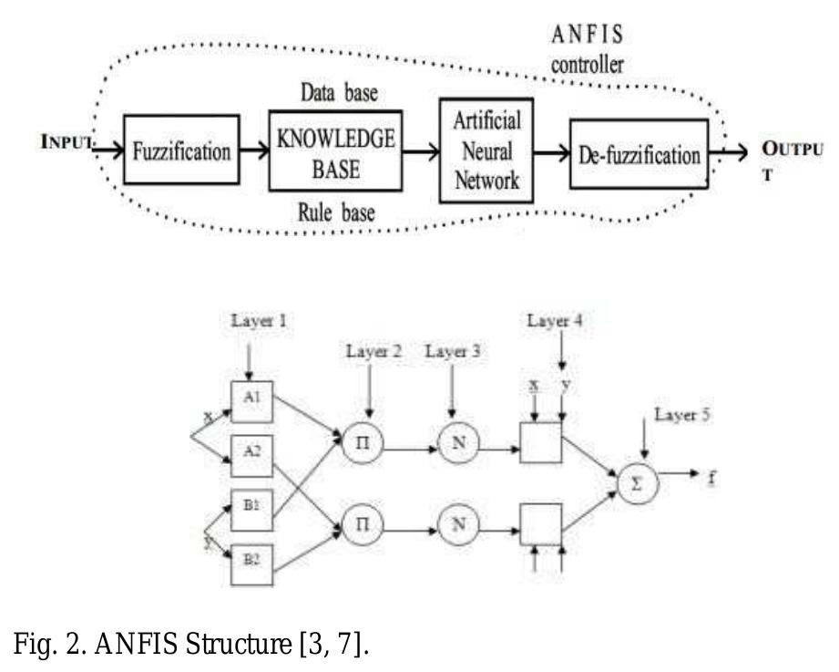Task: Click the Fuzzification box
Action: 181,150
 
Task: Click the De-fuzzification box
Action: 639,153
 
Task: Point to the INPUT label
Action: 67,144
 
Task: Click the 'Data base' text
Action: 340,94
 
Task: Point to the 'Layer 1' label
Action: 251,323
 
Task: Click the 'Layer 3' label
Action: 455,351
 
